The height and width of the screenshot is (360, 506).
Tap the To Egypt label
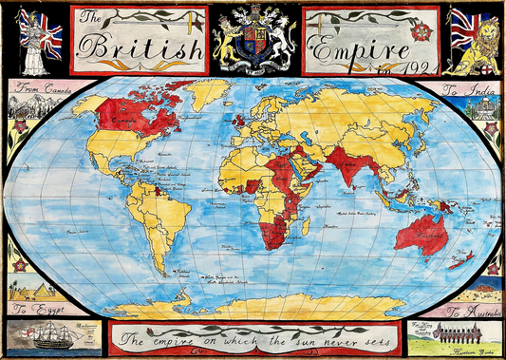(x=34, y=310)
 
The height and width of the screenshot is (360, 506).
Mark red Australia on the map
(x=422, y=229)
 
